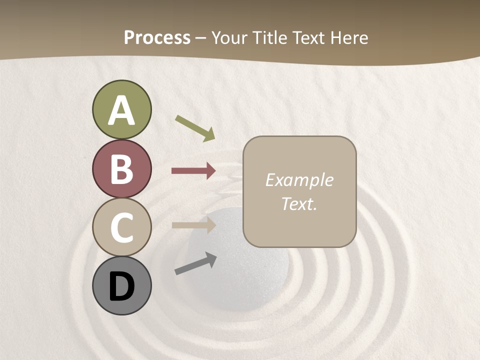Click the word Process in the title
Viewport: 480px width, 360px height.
click(157, 38)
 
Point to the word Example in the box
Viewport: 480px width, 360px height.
click(299, 180)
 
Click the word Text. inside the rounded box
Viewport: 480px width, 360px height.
click(299, 203)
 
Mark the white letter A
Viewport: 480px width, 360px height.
click(121, 111)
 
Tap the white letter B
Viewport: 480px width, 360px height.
click(121, 169)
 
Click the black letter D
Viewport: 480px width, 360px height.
click(121, 287)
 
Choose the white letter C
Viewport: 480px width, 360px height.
click(121, 228)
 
